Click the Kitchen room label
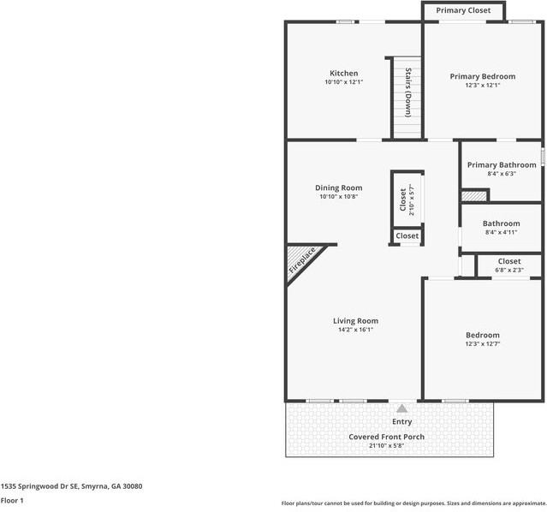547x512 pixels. [x=344, y=73]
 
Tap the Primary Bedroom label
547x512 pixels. [x=483, y=76]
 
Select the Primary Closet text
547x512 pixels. [x=463, y=10]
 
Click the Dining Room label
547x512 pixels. [x=339, y=188]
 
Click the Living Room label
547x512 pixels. [x=355, y=321]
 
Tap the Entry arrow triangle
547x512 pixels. [x=402, y=409]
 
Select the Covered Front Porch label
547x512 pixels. [x=386, y=437]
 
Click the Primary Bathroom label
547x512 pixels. [x=502, y=165]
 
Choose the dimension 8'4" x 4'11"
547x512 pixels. [x=501, y=232]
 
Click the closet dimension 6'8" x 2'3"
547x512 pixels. [x=509, y=270]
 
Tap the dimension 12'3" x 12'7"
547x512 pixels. [x=483, y=343]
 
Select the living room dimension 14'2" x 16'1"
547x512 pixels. [x=355, y=330]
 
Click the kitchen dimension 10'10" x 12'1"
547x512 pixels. [x=344, y=82]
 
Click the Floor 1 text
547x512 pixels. [x=12, y=500]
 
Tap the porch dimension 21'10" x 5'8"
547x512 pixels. [x=386, y=445]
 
